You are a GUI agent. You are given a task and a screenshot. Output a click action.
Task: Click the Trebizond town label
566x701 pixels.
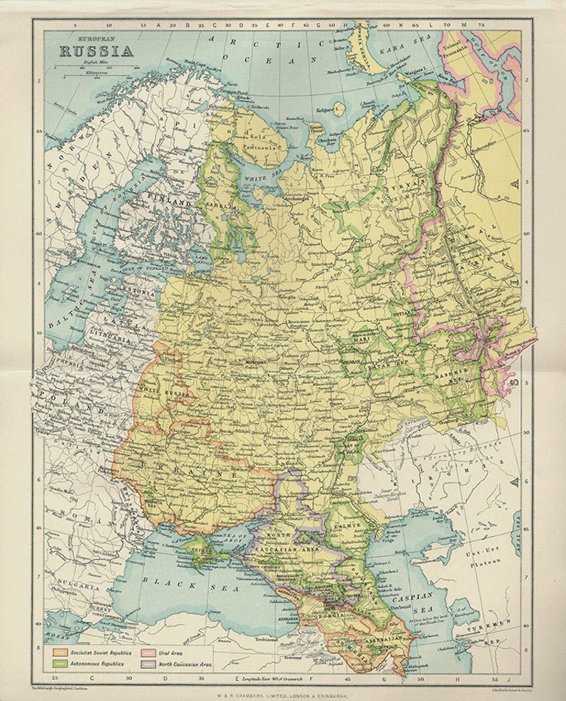coord(264,638)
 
